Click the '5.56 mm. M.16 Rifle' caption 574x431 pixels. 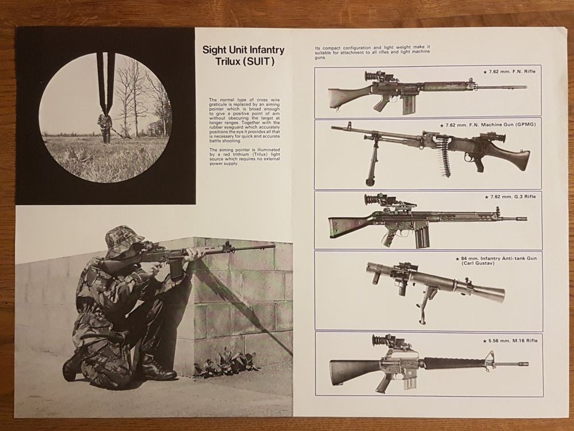tap(513, 341)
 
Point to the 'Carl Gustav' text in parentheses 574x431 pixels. tap(475, 263)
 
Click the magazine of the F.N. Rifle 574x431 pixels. tap(410, 106)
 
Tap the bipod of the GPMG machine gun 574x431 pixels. tap(371, 161)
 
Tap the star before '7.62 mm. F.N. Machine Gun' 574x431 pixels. tap(442, 125)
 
